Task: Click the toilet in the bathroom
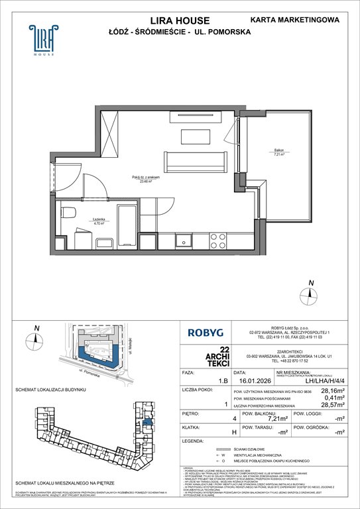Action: pos(70,213)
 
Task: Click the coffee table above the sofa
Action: pos(195,135)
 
